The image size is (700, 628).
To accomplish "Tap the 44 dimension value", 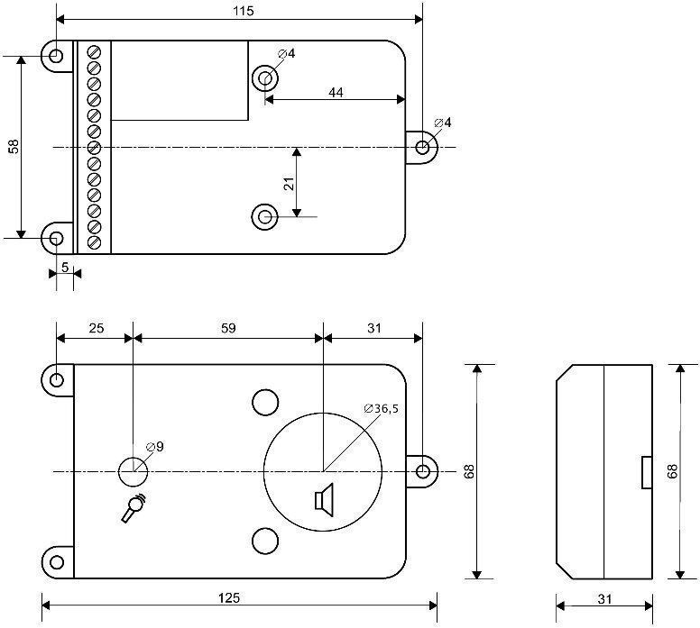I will (x=335, y=92).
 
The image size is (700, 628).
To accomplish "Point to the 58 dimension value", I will (x=13, y=147).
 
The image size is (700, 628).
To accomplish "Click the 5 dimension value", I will (x=64, y=268).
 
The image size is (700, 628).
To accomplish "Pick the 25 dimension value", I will (x=95, y=329).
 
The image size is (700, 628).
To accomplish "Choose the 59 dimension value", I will (x=228, y=329).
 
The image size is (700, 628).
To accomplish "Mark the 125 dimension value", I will (x=240, y=597).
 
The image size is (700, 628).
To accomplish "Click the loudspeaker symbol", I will (x=322, y=498).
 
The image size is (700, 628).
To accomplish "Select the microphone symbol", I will (x=134, y=509).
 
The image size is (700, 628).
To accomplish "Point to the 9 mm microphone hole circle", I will (x=132, y=470).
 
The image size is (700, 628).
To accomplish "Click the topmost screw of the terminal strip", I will (x=94, y=53).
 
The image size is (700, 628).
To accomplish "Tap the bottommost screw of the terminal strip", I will (x=94, y=241).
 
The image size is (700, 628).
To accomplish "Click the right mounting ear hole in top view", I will (x=422, y=147).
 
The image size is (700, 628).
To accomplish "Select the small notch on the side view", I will (x=646, y=472).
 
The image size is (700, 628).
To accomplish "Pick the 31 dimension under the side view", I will (x=603, y=597).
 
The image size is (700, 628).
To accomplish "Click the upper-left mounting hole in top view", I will (x=56, y=57).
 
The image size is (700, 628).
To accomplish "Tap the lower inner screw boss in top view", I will (x=265, y=216).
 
